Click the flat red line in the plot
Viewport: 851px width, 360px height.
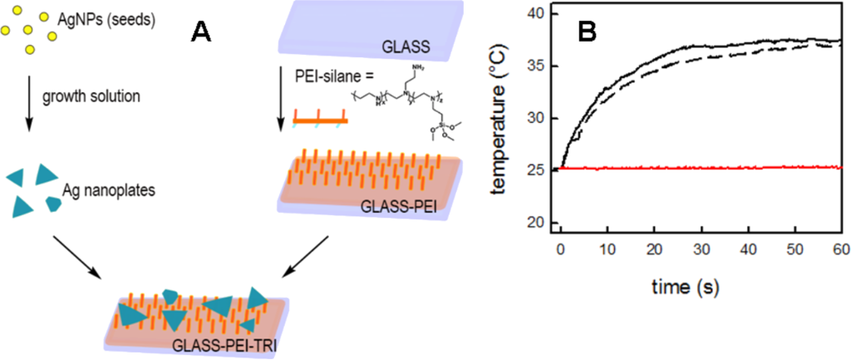(706, 168)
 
